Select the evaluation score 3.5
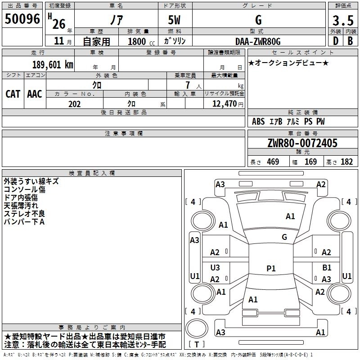click(x=342, y=20)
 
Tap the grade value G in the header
click(x=258, y=20)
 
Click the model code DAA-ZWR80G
click(x=258, y=41)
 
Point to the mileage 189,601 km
click(x=52, y=65)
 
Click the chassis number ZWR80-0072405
click(x=302, y=143)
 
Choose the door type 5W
click(x=175, y=20)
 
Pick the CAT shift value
click(x=13, y=94)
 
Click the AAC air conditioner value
click(x=35, y=94)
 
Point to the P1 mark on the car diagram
click(x=271, y=268)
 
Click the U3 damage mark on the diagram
click(x=215, y=268)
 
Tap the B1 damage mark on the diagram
click(x=327, y=268)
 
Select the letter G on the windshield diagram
click(x=284, y=237)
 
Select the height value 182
click(x=346, y=162)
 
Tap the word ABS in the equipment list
click(x=258, y=121)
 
